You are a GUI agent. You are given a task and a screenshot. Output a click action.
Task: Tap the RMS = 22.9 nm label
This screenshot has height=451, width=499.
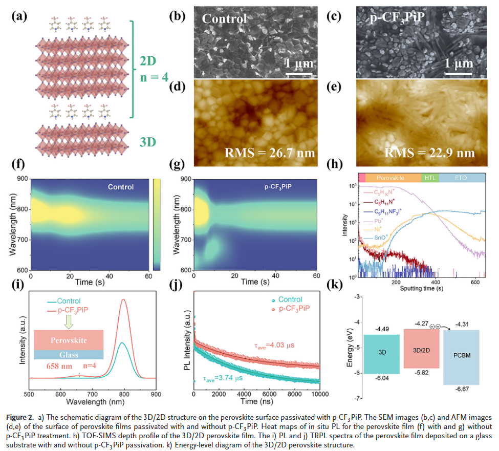tap(429, 153)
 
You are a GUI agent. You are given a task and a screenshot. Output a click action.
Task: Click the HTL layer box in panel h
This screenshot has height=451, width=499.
tap(429, 178)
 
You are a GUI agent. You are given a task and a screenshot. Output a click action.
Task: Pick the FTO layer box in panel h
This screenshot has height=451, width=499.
tap(461, 178)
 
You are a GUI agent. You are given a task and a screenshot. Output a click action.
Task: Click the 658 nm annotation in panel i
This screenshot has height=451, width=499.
tap(50, 366)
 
